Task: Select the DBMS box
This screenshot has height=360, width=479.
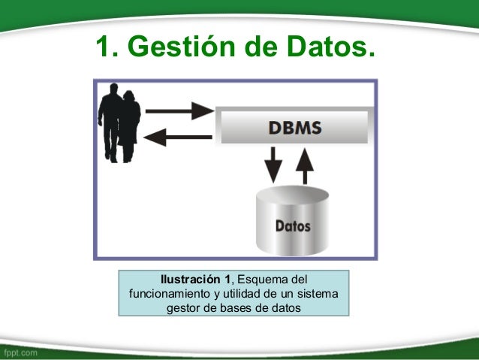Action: coord(294,127)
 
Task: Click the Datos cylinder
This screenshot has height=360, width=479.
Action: coord(293,223)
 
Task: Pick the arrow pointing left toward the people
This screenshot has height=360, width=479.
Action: coord(179,136)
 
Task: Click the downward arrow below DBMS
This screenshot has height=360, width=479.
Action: coord(274,165)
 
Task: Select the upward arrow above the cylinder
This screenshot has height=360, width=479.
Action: coord(304,165)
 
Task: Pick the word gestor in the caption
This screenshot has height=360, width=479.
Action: coord(183,307)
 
